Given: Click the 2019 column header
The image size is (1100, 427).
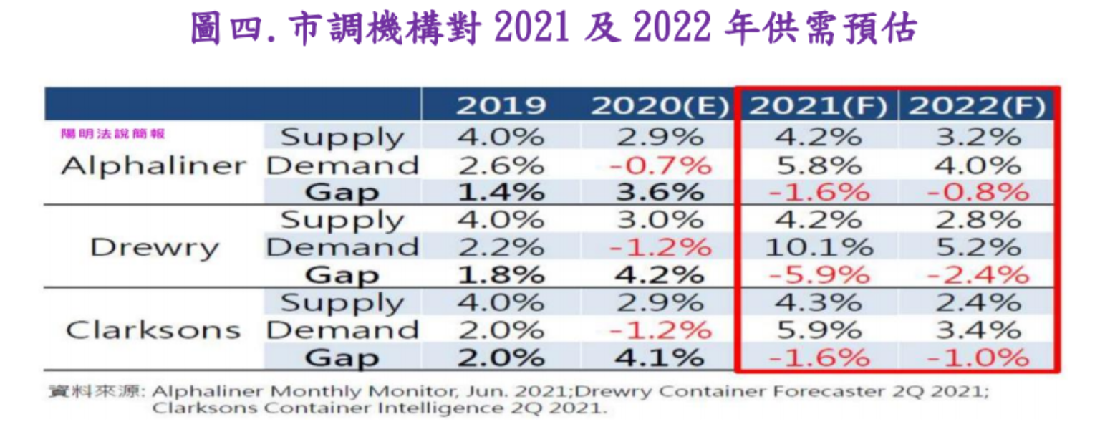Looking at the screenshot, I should click(x=501, y=106).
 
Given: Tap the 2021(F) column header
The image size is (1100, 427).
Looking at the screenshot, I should click(x=818, y=106).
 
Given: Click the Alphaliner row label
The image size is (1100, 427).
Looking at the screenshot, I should click(x=153, y=166).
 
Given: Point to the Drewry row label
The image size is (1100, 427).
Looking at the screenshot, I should click(x=154, y=248).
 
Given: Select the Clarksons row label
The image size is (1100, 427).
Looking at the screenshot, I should click(x=153, y=330).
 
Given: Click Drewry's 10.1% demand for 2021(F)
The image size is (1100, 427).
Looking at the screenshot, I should click(x=819, y=248).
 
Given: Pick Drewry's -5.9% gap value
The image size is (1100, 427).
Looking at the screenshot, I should click(x=819, y=275).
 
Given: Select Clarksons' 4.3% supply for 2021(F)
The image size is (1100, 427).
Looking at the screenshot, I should click(x=819, y=302).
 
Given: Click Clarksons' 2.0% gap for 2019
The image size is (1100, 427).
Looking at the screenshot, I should click(x=501, y=358).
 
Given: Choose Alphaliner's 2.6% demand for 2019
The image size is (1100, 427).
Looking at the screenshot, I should click(x=501, y=166).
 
